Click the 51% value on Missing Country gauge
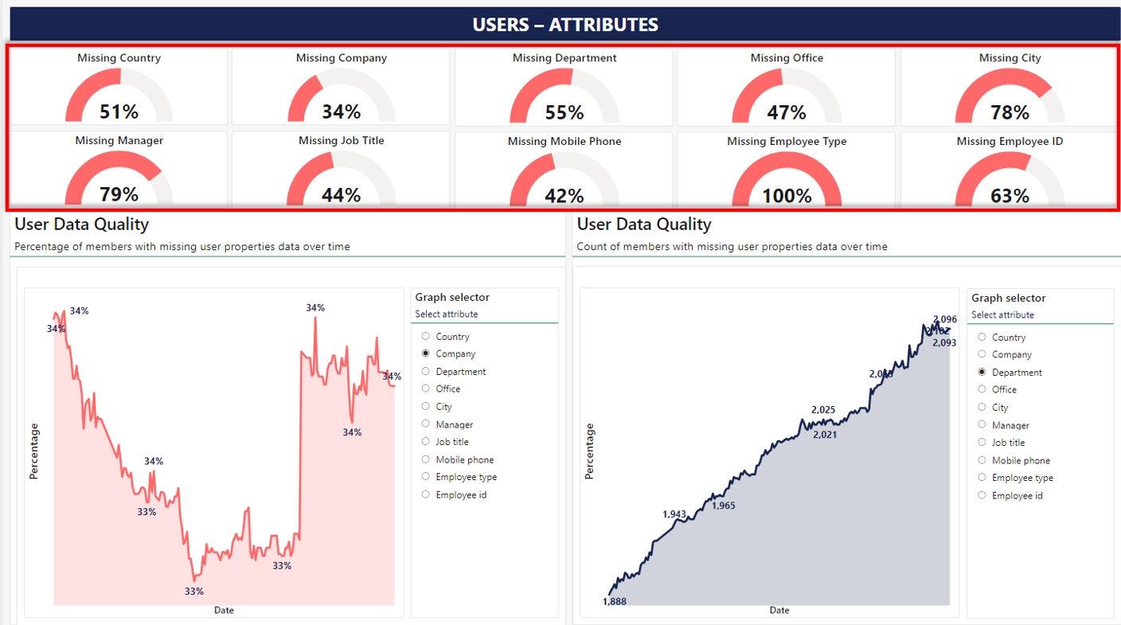click(x=119, y=111)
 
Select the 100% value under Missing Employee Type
click(x=787, y=195)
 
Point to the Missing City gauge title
click(x=1010, y=58)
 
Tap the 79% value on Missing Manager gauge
click(x=119, y=194)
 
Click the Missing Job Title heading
click(x=341, y=141)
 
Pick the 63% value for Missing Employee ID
click(x=1010, y=195)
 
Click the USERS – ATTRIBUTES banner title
click(x=565, y=25)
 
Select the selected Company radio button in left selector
click(x=426, y=354)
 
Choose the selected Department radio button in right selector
click(x=982, y=372)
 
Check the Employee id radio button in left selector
click(x=426, y=494)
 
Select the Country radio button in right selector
click(x=982, y=337)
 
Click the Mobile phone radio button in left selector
click(x=426, y=459)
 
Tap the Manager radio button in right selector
click(x=982, y=425)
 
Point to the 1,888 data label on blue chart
click(x=615, y=601)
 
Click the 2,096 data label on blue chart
click(x=945, y=319)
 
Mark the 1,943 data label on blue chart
click(x=674, y=514)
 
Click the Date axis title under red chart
click(x=224, y=611)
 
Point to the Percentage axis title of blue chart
click(x=590, y=451)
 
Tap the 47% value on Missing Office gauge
click(x=787, y=112)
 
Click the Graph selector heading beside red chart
click(x=452, y=297)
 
